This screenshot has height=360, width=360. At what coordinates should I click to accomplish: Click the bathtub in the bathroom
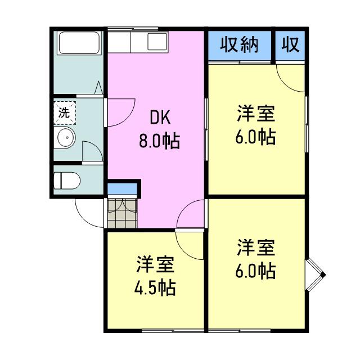click(79, 43)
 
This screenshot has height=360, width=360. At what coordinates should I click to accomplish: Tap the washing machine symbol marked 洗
click(65, 112)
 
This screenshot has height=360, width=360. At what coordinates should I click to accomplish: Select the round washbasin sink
click(66, 137)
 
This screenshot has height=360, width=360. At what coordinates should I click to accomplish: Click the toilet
click(67, 181)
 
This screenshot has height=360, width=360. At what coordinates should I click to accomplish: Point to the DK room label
click(160, 118)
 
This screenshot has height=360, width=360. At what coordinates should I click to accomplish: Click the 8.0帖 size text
click(159, 141)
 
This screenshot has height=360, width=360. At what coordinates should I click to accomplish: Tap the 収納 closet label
click(240, 45)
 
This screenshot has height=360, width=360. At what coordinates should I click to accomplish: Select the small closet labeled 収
click(290, 46)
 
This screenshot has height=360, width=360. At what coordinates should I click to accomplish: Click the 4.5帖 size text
click(155, 287)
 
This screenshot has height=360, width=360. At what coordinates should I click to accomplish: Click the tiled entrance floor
click(123, 213)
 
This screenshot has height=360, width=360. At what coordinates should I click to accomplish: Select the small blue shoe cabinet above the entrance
click(123, 189)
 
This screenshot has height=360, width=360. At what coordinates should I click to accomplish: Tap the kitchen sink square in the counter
click(157, 42)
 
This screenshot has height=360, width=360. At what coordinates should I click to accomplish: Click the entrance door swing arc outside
click(83, 219)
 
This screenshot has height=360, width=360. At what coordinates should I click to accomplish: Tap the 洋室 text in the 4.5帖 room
click(155, 264)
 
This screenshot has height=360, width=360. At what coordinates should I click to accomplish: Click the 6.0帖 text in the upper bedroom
click(255, 137)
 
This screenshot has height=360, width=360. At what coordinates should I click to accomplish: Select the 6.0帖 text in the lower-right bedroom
click(255, 271)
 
